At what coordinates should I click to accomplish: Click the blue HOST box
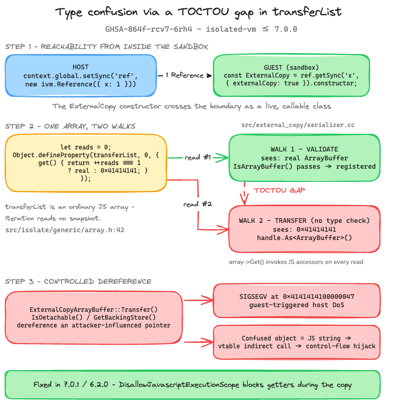click(x=81, y=75)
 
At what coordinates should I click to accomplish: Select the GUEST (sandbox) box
click(x=291, y=75)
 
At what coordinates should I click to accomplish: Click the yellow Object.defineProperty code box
click(x=86, y=163)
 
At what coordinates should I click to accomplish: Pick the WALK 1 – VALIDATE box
click(x=304, y=157)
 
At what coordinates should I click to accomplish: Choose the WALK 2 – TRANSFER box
click(x=304, y=229)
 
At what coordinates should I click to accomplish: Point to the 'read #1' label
click(x=198, y=157)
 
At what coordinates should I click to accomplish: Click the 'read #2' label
click(x=198, y=204)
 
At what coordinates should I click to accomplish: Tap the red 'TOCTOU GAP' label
click(x=279, y=191)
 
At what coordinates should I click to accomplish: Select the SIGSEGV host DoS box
click(x=297, y=300)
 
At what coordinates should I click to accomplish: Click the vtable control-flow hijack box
click(x=297, y=342)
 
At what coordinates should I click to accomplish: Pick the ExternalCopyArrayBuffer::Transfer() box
click(x=94, y=318)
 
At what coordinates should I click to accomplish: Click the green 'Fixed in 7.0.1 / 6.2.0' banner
click(x=193, y=385)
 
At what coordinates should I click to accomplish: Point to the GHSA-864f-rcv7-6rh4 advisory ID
click(x=148, y=29)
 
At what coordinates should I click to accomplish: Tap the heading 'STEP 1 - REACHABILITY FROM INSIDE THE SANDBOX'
click(x=106, y=47)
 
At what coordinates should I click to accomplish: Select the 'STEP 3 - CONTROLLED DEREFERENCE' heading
click(x=78, y=281)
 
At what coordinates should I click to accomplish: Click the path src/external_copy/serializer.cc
click(x=298, y=125)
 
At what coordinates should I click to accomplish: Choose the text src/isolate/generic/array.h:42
click(x=65, y=230)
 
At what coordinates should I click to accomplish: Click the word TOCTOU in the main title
click(x=204, y=12)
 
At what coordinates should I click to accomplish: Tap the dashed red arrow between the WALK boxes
click(x=244, y=194)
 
